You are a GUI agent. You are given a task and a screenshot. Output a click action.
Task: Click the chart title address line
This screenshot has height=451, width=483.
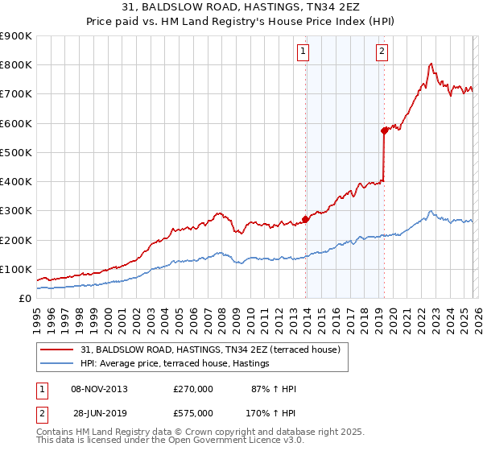[x=242, y=7]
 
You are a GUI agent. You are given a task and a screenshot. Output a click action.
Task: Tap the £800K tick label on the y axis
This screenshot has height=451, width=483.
[x=16, y=65]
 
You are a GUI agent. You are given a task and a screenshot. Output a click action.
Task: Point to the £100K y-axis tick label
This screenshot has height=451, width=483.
[x=16, y=269]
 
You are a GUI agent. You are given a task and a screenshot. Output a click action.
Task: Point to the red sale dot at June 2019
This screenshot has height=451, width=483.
[x=385, y=130]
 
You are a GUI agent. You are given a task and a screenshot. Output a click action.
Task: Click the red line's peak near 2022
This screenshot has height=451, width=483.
[x=432, y=64]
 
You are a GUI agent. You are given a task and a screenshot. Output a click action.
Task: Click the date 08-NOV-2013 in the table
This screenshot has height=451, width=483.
[x=99, y=389]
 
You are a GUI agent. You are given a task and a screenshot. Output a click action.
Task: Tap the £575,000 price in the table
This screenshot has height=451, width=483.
[x=193, y=412]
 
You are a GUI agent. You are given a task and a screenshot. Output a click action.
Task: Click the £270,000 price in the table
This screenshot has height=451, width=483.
[x=193, y=389]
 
